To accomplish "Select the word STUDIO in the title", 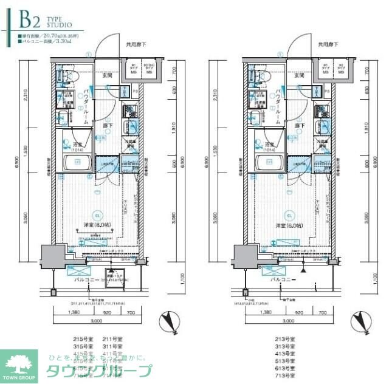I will [59, 26].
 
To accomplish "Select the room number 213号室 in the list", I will [284, 338].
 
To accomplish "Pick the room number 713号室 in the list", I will [284, 376].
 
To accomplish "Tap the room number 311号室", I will [110, 346].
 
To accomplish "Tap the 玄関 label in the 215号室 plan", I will [108, 76].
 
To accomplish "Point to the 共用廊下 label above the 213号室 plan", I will [328, 45].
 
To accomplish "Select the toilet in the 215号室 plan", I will [62, 77].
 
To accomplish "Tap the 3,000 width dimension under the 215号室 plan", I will [96, 321].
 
